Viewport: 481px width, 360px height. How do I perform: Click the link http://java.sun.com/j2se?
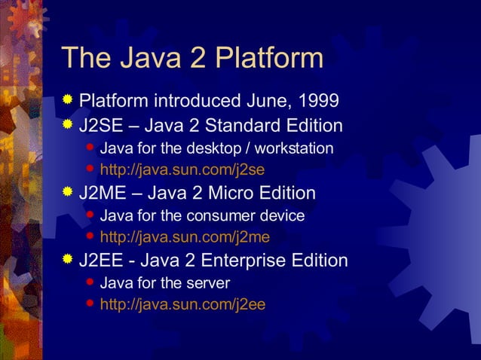pyautogui.click(x=182, y=169)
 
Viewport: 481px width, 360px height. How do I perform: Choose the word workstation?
pyautogui.click(x=291, y=148)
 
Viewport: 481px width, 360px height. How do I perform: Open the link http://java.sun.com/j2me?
pyautogui.click(x=185, y=237)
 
